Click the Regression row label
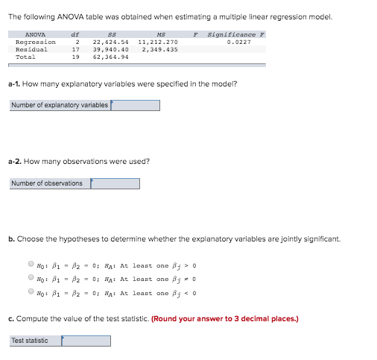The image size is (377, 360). click(x=36, y=42)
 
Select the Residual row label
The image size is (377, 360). click(x=32, y=49)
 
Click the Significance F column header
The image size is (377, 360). click(x=232, y=34)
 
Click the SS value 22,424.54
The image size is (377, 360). click(x=110, y=42)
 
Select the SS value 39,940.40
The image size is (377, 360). click(x=110, y=49)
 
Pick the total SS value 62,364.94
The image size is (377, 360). click(x=110, y=56)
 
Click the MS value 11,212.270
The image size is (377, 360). click(x=158, y=42)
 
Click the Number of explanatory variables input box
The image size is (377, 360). click(x=135, y=105)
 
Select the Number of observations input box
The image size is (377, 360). click(x=115, y=183)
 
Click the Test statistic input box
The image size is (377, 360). click(x=86, y=341)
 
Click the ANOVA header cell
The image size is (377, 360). click(x=35, y=34)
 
